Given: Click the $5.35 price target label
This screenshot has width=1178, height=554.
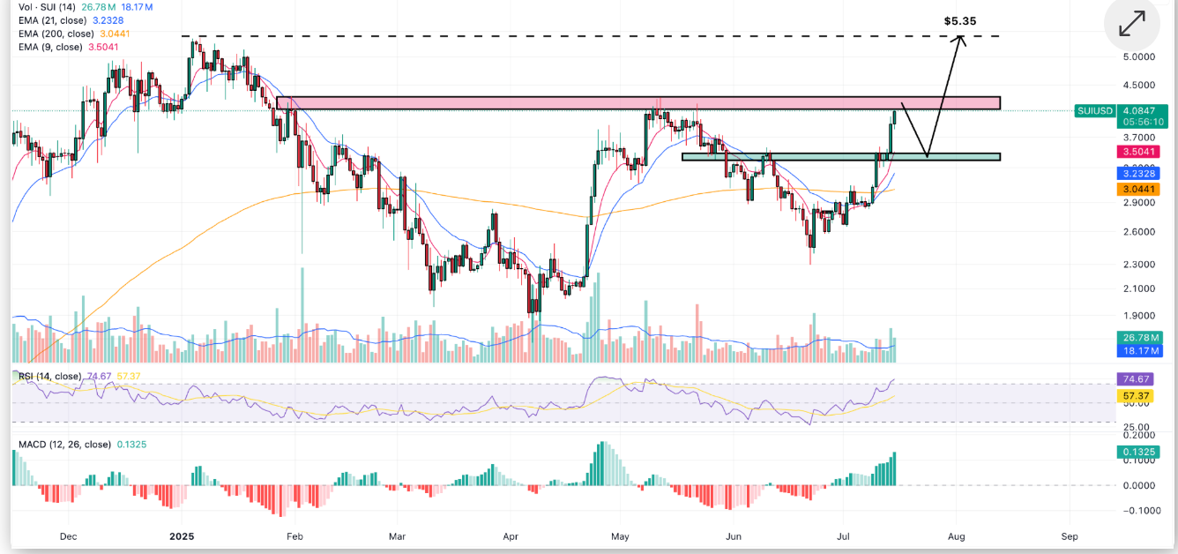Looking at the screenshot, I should tap(959, 21).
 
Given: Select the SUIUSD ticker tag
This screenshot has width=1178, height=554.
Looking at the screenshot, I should tap(1095, 111).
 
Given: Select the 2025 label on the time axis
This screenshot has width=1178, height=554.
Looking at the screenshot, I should tap(182, 536).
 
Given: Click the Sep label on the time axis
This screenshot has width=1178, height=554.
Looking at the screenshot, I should tap(1070, 536).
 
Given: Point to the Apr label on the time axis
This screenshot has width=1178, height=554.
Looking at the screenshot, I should tap(510, 536).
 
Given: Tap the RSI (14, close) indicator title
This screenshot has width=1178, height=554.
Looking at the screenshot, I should tap(50, 377).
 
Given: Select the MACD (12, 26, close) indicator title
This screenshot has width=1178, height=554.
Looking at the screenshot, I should tap(64, 445).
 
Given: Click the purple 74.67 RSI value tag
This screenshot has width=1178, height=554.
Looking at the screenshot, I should tap(1135, 379).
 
